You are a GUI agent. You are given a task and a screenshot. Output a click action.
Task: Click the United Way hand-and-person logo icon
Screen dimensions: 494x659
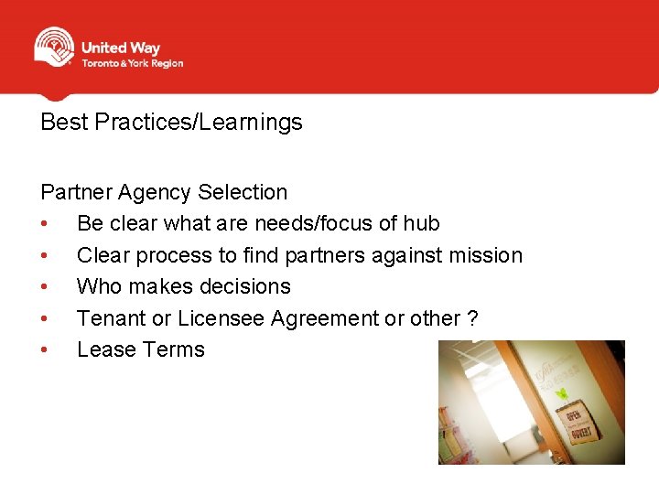(x=54, y=47)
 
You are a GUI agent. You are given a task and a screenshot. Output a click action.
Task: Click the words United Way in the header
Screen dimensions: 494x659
(x=120, y=48)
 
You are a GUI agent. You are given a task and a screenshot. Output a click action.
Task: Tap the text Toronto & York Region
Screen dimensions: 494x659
(x=133, y=64)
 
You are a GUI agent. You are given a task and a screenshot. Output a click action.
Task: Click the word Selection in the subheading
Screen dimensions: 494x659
(x=243, y=192)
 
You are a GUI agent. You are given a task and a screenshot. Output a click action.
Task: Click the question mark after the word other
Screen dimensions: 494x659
(x=472, y=318)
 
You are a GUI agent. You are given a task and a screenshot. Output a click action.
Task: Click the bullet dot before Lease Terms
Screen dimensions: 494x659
(x=45, y=350)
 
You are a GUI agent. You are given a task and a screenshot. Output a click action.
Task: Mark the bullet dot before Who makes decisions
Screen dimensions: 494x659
(x=45, y=287)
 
